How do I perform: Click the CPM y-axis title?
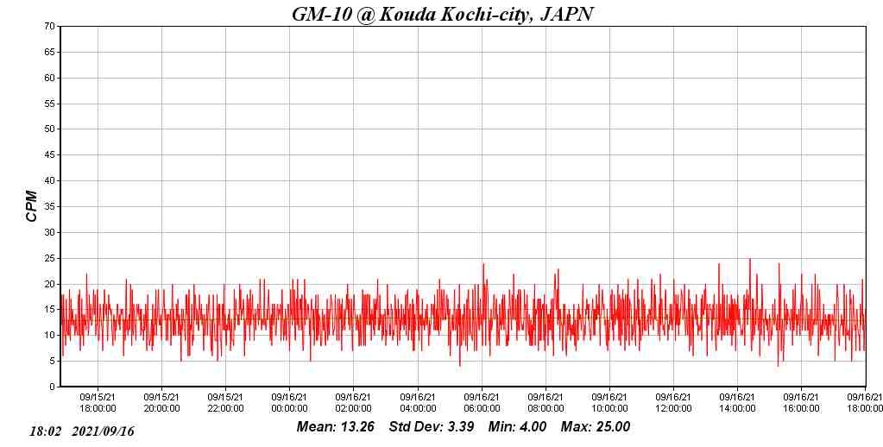tap(32, 206)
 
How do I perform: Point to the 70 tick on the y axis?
tap(50, 26)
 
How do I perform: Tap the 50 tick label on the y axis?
tap(50, 129)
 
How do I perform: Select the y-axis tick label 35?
tap(50, 206)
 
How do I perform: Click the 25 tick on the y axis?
tap(50, 258)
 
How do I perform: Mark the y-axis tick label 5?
tap(53, 362)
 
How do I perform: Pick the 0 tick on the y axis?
tap(53, 387)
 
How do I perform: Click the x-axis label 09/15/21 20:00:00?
tap(161, 403)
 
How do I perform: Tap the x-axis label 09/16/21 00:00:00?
tap(289, 403)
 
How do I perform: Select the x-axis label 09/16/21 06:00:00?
tap(482, 403)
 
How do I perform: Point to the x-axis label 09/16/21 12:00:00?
tap(673, 403)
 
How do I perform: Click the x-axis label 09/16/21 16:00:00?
tap(801, 403)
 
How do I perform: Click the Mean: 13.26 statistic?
tap(335, 426)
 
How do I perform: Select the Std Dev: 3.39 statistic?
tap(431, 426)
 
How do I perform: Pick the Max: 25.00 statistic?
tap(596, 426)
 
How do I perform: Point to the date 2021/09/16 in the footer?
tap(104, 431)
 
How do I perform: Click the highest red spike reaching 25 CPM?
tap(749, 260)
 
